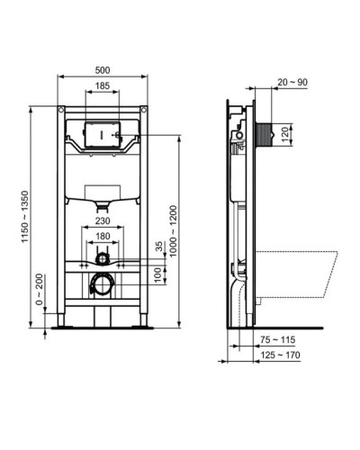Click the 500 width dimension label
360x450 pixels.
pyautogui.click(x=104, y=70)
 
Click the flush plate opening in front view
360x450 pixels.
pyautogui.click(x=104, y=133)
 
